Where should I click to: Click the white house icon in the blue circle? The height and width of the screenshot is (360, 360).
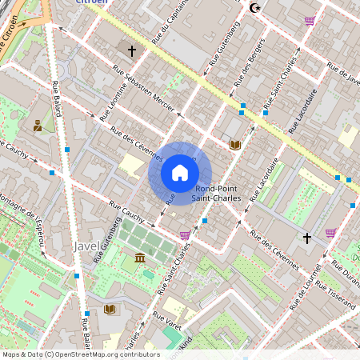tap(180, 173)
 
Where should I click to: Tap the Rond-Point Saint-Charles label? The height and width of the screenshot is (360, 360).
tap(218, 194)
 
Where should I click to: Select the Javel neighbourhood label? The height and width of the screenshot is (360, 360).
tap(86, 246)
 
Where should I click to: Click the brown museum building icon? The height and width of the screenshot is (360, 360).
tap(140, 258)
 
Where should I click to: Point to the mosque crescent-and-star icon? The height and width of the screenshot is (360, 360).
tap(256, 8)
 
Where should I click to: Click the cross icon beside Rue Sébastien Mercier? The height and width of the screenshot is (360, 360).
tap(132, 50)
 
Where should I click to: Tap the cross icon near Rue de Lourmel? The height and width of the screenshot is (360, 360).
tap(306, 238)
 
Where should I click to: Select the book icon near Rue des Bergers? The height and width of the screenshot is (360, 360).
tap(234, 145)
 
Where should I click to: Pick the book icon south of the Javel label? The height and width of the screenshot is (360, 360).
tap(109, 309)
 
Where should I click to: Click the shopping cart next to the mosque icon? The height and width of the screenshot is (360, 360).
tap(310, 20)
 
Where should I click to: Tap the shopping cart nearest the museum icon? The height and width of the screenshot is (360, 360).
tap(186, 235)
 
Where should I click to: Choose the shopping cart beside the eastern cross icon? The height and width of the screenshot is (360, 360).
tap(330, 234)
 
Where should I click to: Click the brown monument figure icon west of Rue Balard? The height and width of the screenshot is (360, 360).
tap(38, 125)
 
